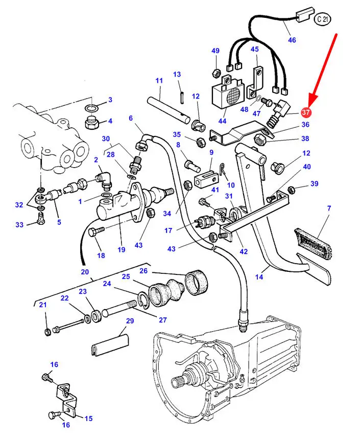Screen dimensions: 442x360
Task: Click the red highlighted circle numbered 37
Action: point(306,112)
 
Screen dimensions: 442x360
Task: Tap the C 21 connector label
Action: point(322,19)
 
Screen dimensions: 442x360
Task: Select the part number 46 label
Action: point(292,40)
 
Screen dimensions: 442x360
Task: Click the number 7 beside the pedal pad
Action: point(329,208)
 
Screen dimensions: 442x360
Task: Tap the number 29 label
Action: point(130,321)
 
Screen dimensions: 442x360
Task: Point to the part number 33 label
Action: point(19,225)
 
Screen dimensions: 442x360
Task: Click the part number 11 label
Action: point(159,81)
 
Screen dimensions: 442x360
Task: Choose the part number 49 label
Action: point(215,51)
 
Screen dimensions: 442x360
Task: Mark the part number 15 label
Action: point(88,418)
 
